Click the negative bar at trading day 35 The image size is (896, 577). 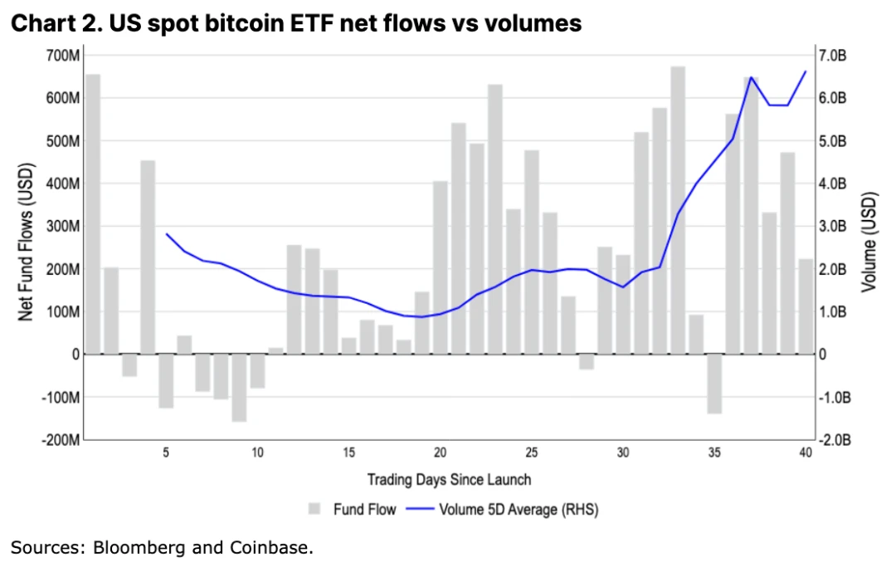[x=714, y=384]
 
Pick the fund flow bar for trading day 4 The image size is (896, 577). [x=148, y=257]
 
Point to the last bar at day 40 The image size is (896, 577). [x=806, y=306]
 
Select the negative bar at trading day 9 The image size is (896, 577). [x=239, y=388]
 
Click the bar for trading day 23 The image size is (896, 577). [x=494, y=219]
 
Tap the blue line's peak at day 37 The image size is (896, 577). [x=751, y=77]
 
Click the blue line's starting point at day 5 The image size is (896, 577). [x=167, y=234]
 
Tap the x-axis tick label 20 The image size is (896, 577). [x=440, y=452]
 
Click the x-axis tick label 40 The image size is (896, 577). [x=806, y=452]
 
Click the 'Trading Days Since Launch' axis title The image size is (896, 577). [x=449, y=480]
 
